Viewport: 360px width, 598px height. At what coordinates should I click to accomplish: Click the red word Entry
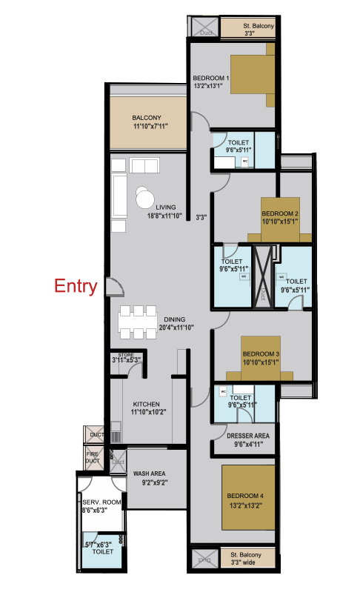coord(76,287)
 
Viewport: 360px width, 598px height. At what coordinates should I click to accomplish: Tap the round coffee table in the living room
coord(144,198)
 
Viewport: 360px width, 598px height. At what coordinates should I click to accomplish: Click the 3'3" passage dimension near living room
coord(201,218)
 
